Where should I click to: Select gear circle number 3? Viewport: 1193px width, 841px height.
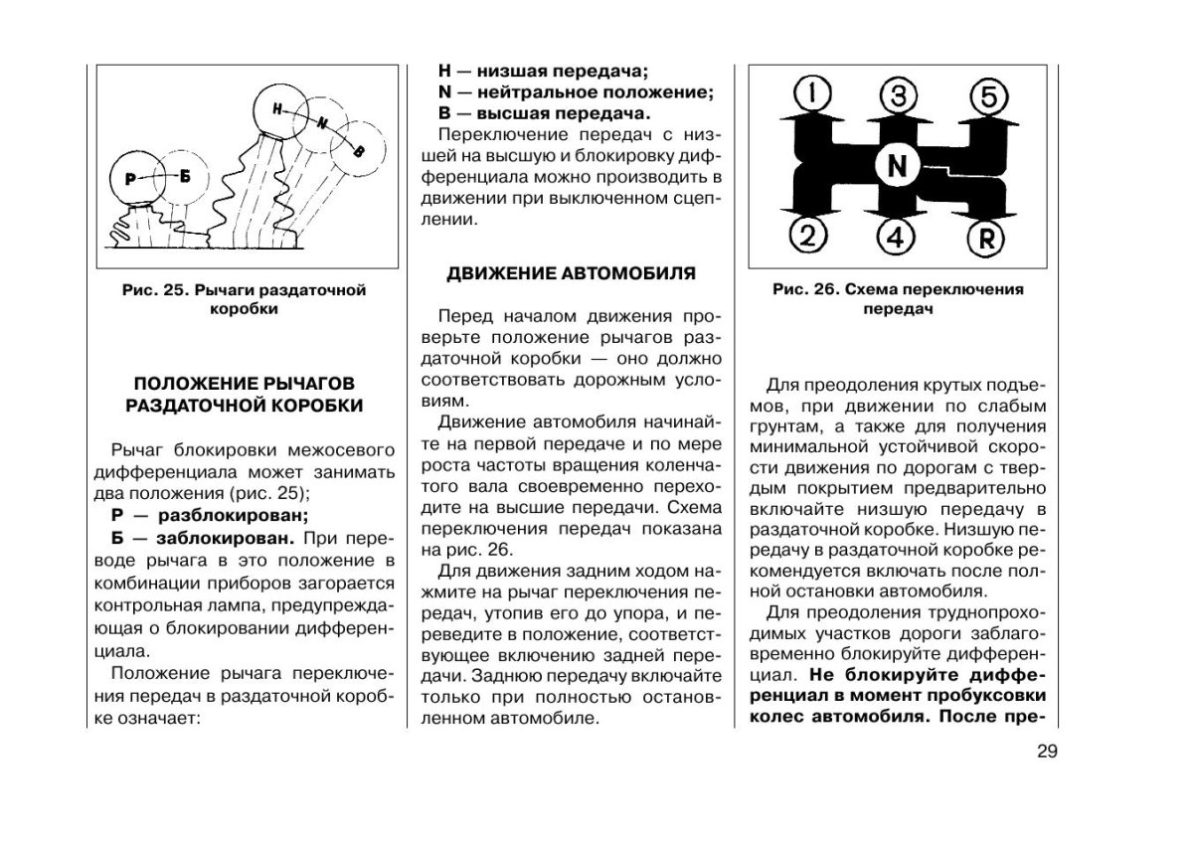(897, 96)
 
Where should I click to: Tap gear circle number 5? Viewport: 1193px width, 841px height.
(987, 96)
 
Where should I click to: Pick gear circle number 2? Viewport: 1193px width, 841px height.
(809, 236)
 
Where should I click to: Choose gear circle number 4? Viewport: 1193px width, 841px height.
(896, 237)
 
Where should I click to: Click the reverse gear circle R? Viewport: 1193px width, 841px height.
(986, 237)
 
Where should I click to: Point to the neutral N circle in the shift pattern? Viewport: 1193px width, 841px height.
(897, 167)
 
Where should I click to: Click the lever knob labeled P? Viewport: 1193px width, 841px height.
(131, 177)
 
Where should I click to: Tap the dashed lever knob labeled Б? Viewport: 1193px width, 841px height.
(184, 176)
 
